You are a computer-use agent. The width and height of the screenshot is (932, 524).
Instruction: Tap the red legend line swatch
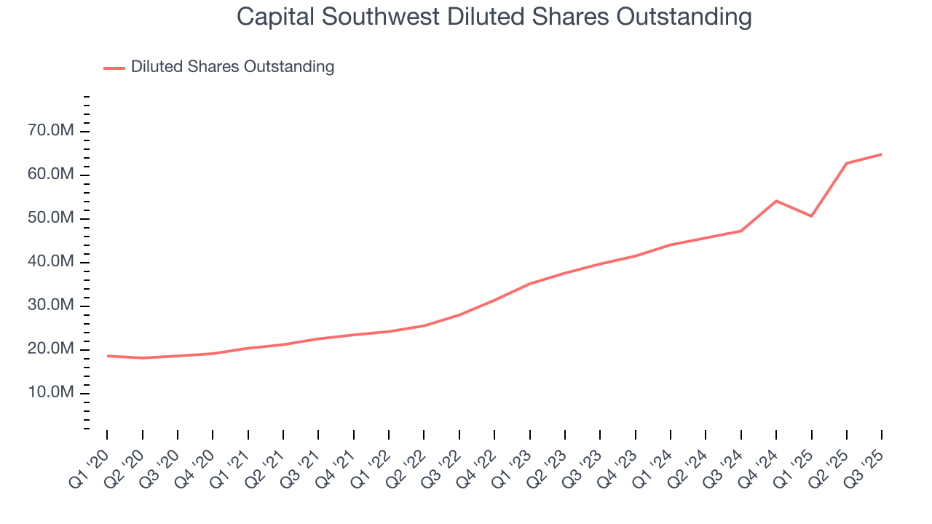click(114, 68)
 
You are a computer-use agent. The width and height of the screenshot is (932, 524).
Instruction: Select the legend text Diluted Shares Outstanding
click(232, 67)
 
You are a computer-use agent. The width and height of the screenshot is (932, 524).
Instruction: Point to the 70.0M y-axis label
click(51, 131)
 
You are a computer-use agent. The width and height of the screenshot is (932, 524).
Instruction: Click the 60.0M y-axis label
click(51, 175)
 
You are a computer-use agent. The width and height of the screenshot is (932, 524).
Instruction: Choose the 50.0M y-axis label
click(51, 218)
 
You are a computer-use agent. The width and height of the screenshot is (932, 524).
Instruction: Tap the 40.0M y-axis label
click(51, 262)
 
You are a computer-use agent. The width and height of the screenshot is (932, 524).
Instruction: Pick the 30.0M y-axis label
click(51, 306)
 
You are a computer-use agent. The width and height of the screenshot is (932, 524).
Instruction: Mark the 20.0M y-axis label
click(51, 349)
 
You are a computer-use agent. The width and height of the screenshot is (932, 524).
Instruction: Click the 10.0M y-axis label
click(51, 393)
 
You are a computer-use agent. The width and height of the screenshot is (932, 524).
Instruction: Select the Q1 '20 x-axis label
click(89, 462)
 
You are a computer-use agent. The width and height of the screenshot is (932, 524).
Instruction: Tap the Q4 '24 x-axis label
click(758, 462)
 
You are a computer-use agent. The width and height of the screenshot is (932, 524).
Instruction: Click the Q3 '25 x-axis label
click(864, 462)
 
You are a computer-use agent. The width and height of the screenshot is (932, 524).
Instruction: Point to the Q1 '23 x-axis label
click(512, 462)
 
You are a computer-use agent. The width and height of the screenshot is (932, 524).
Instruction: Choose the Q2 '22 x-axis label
click(406, 462)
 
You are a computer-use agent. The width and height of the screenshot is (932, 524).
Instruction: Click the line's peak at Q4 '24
click(776, 201)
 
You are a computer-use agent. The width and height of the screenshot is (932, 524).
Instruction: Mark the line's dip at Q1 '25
click(811, 216)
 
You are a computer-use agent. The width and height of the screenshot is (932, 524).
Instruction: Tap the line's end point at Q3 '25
click(882, 154)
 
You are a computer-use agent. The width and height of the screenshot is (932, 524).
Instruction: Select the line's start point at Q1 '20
click(107, 356)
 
